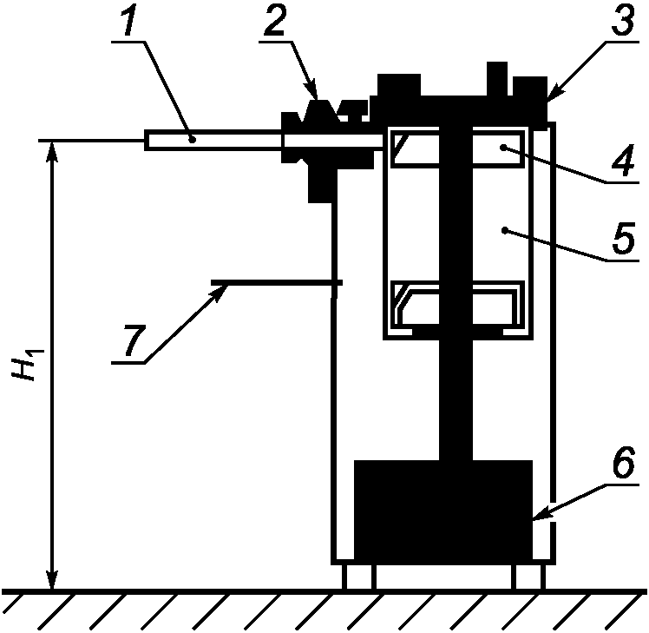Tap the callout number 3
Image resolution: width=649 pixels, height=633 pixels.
coord(623,20)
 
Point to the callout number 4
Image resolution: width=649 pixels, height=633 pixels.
coord(623,161)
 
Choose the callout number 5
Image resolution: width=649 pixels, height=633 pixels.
coord(623,238)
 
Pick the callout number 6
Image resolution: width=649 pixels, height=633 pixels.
coord(623,463)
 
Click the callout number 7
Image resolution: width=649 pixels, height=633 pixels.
coord(134,340)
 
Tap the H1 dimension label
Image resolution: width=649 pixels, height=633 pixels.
coord(27,365)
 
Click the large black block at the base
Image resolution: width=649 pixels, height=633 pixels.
coord(443,512)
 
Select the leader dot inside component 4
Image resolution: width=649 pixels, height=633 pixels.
coord(503,147)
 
